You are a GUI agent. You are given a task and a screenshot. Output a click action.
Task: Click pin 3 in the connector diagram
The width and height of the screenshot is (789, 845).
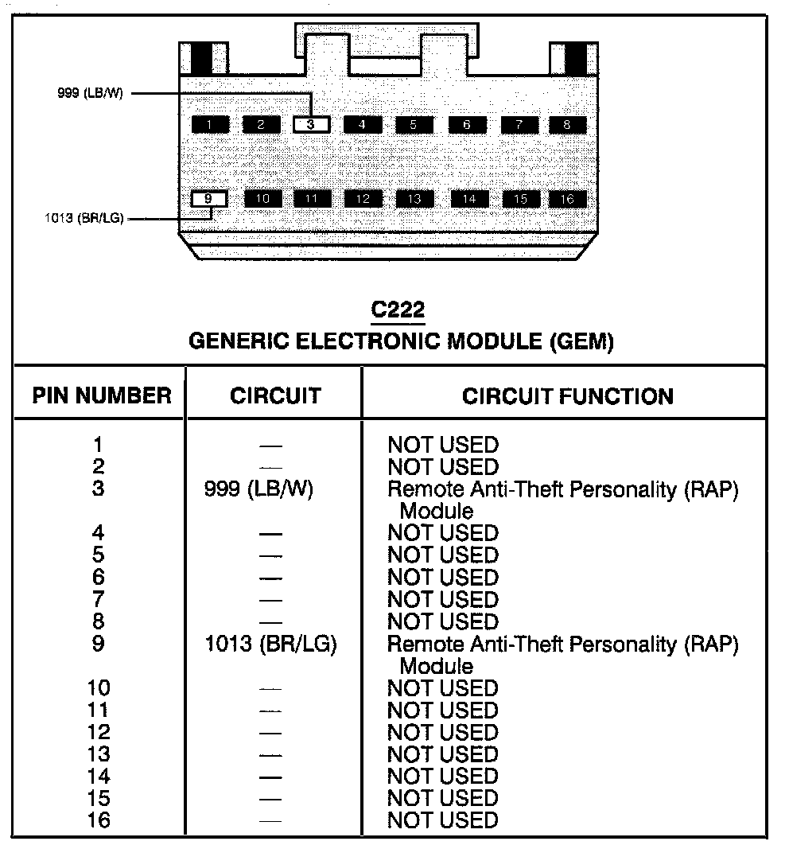point(312,124)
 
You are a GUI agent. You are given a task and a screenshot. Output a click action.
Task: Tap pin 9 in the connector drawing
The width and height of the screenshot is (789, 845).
point(208,198)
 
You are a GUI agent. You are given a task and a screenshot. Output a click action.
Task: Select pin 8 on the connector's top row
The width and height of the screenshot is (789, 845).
point(567,124)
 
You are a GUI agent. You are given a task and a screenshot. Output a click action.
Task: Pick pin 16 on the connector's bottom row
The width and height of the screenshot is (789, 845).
point(567,198)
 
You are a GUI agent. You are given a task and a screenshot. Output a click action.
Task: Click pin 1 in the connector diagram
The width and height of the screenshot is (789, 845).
point(209,124)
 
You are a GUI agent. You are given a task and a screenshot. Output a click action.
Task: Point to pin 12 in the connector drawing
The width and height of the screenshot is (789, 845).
point(363,198)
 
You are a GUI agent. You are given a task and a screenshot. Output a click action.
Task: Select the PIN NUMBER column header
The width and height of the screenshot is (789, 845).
point(101,395)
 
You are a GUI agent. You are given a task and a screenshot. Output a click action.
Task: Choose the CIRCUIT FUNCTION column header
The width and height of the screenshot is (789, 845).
point(567,395)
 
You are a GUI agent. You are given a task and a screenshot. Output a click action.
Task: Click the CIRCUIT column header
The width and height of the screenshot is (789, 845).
point(275,395)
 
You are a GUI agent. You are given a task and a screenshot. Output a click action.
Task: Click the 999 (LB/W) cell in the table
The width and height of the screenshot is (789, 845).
point(259,489)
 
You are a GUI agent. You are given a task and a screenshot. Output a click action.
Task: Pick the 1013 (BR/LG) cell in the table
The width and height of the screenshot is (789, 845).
point(270,644)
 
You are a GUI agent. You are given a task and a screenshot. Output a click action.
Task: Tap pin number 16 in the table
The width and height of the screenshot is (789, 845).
point(99,820)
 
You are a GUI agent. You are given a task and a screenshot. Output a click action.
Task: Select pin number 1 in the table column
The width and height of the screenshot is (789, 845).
point(99,445)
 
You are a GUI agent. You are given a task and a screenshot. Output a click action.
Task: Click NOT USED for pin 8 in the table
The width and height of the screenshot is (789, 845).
point(442,621)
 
